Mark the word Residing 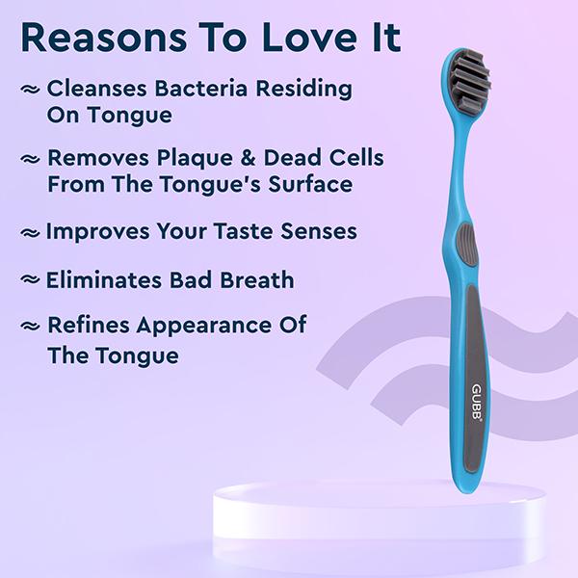coord(305,90)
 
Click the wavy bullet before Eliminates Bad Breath coord(31,281)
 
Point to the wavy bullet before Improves coord(31,233)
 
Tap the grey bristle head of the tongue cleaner coord(468,80)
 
